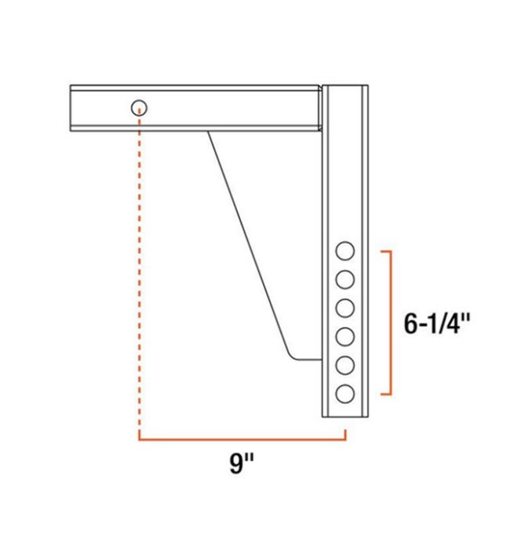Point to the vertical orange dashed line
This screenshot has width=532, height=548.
click(x=139, y=274)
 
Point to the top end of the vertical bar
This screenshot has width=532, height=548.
click(x=345, y=87)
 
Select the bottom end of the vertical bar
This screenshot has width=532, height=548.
click(x=345, y=416)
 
